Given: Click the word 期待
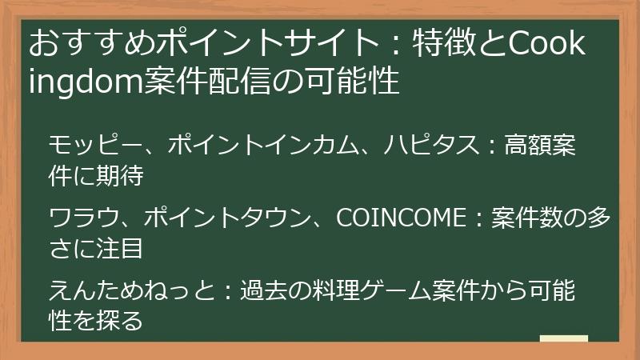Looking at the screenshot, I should (119, 175).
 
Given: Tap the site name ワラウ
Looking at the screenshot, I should (75, 218).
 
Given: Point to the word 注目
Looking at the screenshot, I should (119, 247).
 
